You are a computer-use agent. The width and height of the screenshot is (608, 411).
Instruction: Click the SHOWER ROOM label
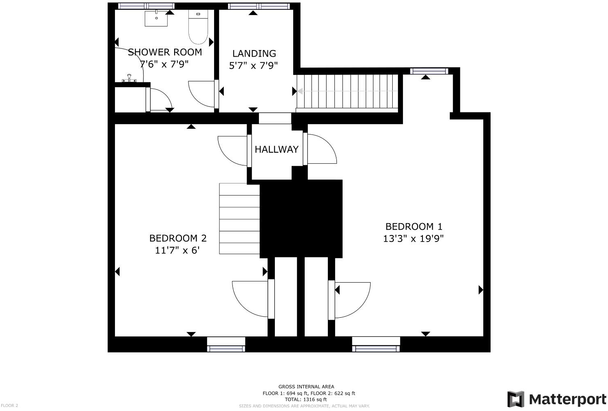click(x=165, y=52)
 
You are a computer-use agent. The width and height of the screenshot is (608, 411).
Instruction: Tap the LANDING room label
click(x=254, y=53)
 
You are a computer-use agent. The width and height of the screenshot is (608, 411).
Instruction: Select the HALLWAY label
click(x=276, y=149)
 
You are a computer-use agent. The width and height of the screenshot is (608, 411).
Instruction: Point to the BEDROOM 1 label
click(x=413, y=226)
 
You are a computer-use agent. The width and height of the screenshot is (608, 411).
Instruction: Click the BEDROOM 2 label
click(x=178, y=238)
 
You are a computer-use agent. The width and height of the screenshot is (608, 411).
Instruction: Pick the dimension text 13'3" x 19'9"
click(x=413, y=239)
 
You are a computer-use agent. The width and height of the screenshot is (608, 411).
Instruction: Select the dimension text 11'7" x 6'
click(x=177, y=250)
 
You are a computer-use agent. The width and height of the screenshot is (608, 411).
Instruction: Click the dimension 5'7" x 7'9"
click(x=253, y=66)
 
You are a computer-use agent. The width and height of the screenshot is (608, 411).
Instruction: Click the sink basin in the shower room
click(x=156, y=19)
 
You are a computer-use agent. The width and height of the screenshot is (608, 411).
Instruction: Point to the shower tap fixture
click(x=129, y=78)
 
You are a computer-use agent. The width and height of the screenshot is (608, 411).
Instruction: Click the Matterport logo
click(x=557, y=399)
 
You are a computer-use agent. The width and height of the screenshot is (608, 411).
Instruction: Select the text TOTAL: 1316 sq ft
click(x=306, y=400)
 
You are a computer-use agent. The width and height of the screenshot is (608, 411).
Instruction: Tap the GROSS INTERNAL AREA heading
click(x=306, y=387)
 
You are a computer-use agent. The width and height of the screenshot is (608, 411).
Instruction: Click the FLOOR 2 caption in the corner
click(x=10, y=405)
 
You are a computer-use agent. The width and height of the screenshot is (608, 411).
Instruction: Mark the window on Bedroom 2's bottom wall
click(x=226, y=345)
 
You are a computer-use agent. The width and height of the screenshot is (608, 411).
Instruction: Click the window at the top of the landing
click(x=259, y=6)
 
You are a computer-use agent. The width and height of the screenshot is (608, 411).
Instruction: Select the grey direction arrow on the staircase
click(x=300, y=91)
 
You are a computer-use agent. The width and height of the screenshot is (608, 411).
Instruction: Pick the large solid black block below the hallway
click(x=301, y=218)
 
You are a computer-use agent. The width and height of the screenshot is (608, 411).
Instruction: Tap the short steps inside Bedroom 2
click(x=239, y=219)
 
